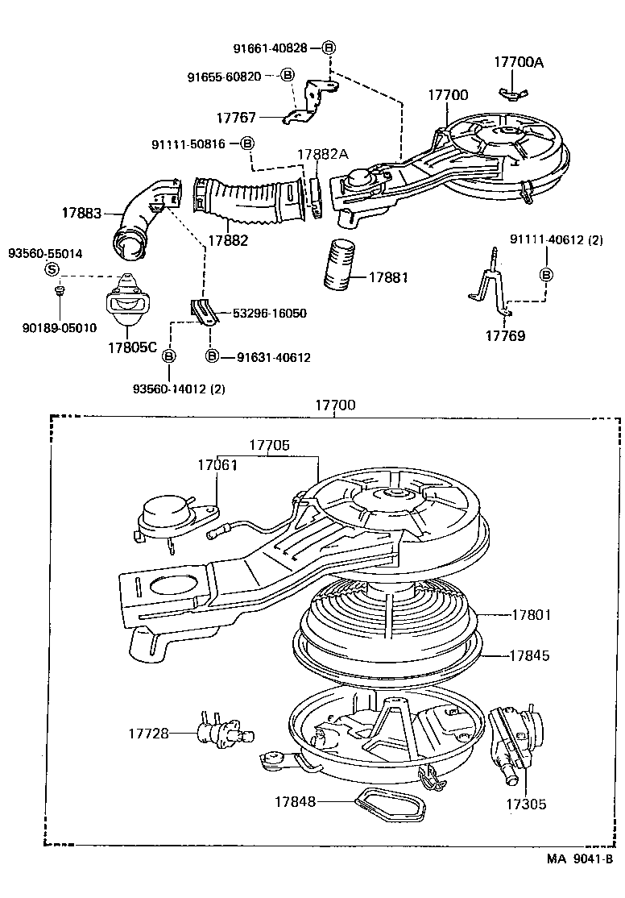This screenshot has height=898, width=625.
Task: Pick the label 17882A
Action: point(322,154)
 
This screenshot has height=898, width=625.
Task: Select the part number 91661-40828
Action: point(271,48)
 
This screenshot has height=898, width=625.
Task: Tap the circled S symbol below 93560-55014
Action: point(52,269)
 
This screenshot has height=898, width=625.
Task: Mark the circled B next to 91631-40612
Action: point(213,357)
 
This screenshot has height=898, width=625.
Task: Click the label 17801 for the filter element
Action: point(531,615)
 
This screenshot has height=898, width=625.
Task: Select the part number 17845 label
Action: point(529,655)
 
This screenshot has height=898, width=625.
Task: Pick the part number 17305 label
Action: point(527,804)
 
